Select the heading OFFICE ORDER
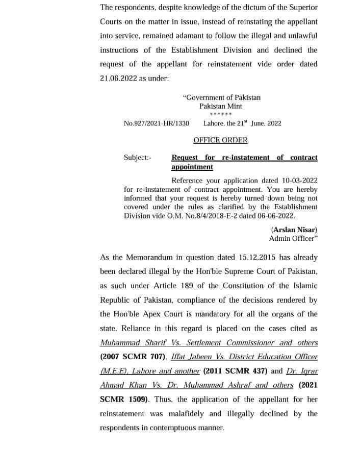pyautogui.click(x=220, y=140)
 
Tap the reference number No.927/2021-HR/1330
pyautogui.click(x=157, y=123)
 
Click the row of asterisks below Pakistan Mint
pyautogui.click(x=221, y=114)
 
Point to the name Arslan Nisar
pyautogui.click(x=294, y=230)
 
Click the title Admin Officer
pyautogui.click(x=293, y=238)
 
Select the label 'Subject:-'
pyautogui.click(x=137, y=158)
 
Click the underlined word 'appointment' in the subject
pyautogui.click(x=192, y=167)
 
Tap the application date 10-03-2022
pyautogui.click(x=298, y=181)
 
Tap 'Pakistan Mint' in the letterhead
pyautogui.click(x=221, y=106)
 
